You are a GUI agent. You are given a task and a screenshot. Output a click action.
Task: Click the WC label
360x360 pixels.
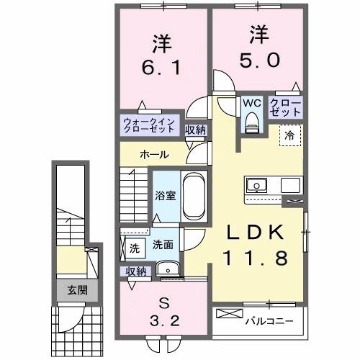251,103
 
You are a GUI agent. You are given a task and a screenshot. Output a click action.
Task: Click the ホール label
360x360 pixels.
155,155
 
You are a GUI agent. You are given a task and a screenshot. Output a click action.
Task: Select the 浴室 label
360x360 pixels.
166,195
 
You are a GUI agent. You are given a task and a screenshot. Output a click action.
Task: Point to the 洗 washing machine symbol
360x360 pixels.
134,247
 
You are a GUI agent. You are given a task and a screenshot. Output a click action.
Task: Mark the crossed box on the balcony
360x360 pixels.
228,315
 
